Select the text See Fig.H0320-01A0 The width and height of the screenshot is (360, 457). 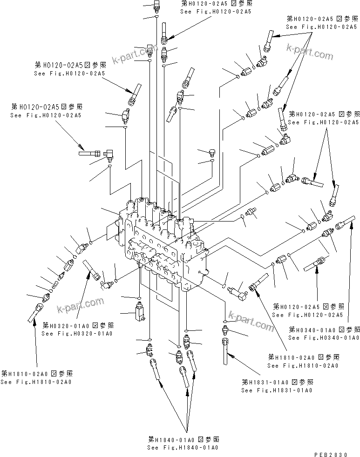point(77,333)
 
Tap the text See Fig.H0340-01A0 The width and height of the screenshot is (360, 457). point(323,337)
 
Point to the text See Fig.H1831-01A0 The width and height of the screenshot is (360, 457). point(276,390)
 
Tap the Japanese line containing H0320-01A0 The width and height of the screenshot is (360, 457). point(78,325)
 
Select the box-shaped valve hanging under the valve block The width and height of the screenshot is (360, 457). point(139,311)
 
